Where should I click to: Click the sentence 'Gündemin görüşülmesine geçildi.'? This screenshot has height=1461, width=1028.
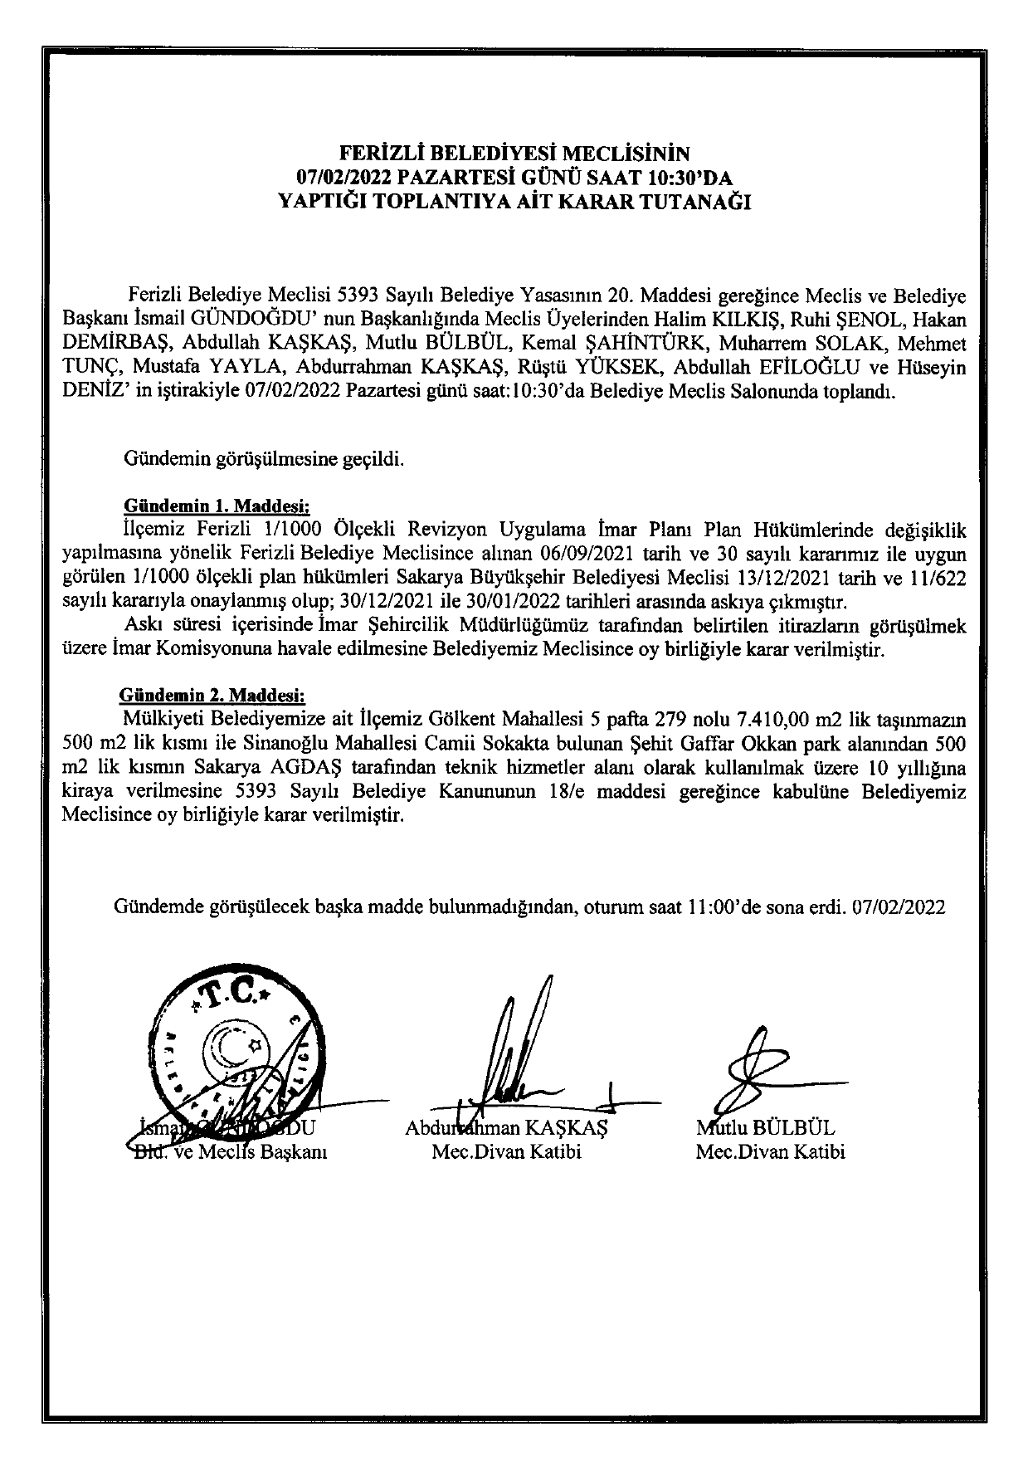(264, 458)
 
